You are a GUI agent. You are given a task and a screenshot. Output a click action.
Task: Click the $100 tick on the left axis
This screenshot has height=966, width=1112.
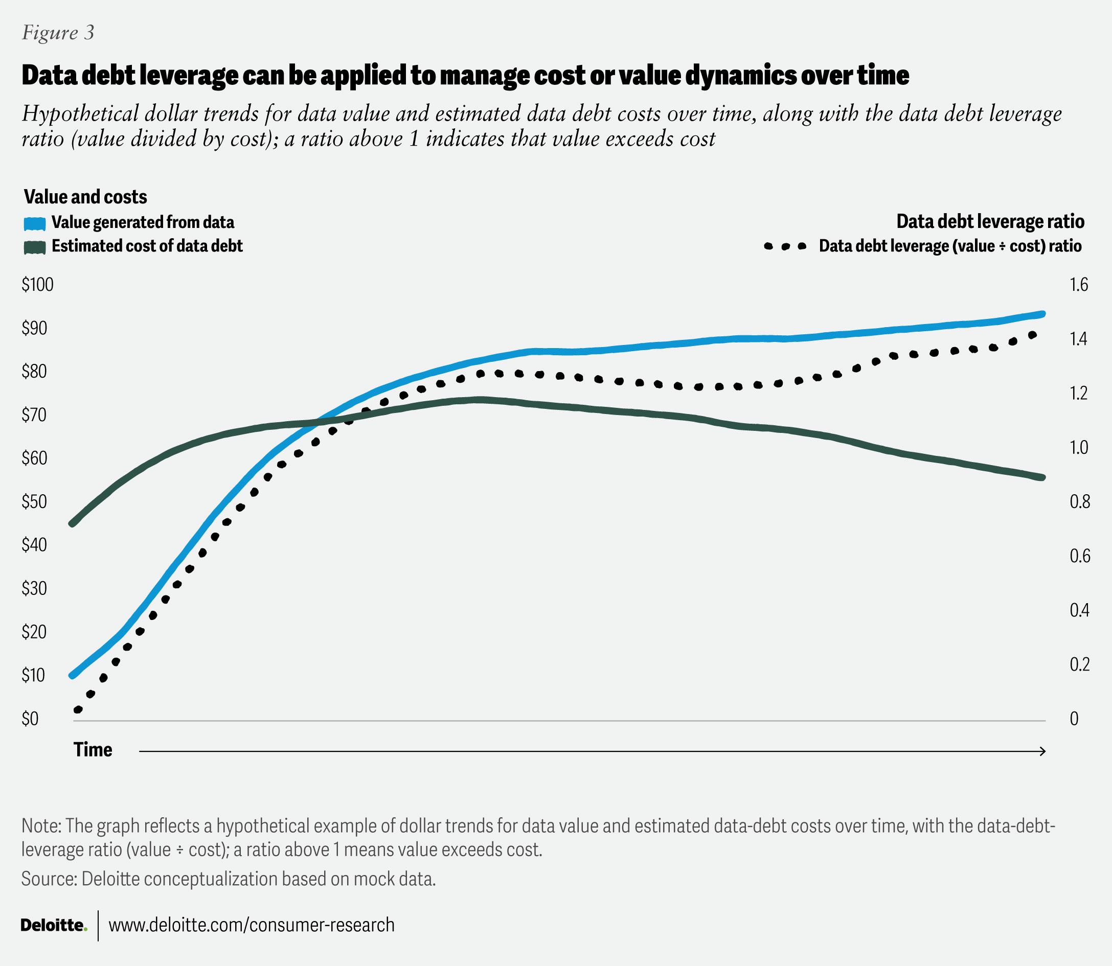click(38, 285)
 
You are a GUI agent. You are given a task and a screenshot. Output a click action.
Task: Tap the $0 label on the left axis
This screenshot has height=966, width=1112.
click(30, 719)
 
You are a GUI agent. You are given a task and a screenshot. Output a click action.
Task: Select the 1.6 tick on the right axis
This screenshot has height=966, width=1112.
click(1079, 285)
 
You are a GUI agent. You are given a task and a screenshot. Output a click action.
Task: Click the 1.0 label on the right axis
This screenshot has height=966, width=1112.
click(1079, 447)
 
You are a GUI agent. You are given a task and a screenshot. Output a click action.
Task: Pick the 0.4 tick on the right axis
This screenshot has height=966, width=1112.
click(1080, 610)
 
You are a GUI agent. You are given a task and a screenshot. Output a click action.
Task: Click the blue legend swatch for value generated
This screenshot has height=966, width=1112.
click(35, 223)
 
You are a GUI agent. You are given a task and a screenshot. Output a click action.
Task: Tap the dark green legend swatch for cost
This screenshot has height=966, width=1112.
click(35, 247)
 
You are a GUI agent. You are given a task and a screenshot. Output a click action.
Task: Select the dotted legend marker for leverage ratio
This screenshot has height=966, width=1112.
click(785, 246)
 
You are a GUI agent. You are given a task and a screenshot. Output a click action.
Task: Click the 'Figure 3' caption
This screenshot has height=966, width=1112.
click(58, 33)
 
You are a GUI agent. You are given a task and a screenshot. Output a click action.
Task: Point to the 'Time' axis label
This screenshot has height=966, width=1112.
click(93, 750)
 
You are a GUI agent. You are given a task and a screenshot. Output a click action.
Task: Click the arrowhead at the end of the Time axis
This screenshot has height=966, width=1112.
click(1043, 751)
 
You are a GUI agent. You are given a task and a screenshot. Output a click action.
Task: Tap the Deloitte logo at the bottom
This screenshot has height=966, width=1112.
click(53, 925)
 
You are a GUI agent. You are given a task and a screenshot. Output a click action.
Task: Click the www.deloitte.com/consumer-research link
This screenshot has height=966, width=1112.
click(252, 925)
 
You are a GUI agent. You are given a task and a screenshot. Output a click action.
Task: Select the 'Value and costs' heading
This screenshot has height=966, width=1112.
click(85, 197)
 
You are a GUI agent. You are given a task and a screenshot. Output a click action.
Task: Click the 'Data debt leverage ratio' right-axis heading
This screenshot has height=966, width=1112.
click(990, 221)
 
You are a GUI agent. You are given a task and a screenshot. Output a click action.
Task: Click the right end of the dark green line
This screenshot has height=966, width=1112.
click(1042, 477)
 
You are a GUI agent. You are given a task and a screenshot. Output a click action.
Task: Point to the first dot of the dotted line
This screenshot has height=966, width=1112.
click(78, 710)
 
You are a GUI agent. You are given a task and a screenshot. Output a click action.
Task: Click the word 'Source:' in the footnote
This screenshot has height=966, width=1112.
click(49, 879)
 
